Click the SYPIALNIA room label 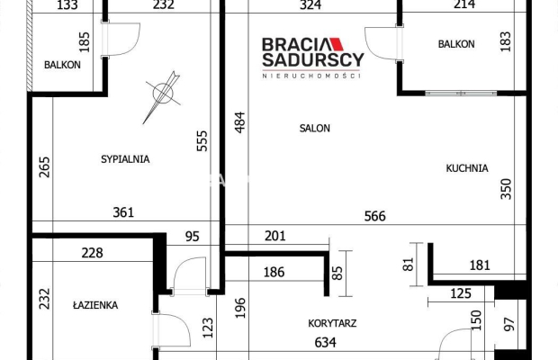pos(125,159)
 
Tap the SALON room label pos(315,129)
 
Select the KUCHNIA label pos(466,167)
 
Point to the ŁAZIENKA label pos(94,305)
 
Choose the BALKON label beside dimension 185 pos(62,65)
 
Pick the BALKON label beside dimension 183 pos(456,44)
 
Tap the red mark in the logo pos(333,43)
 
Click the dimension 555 pos(202,144)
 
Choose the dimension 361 pos(123,213)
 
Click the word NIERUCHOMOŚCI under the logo pos(311,76)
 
